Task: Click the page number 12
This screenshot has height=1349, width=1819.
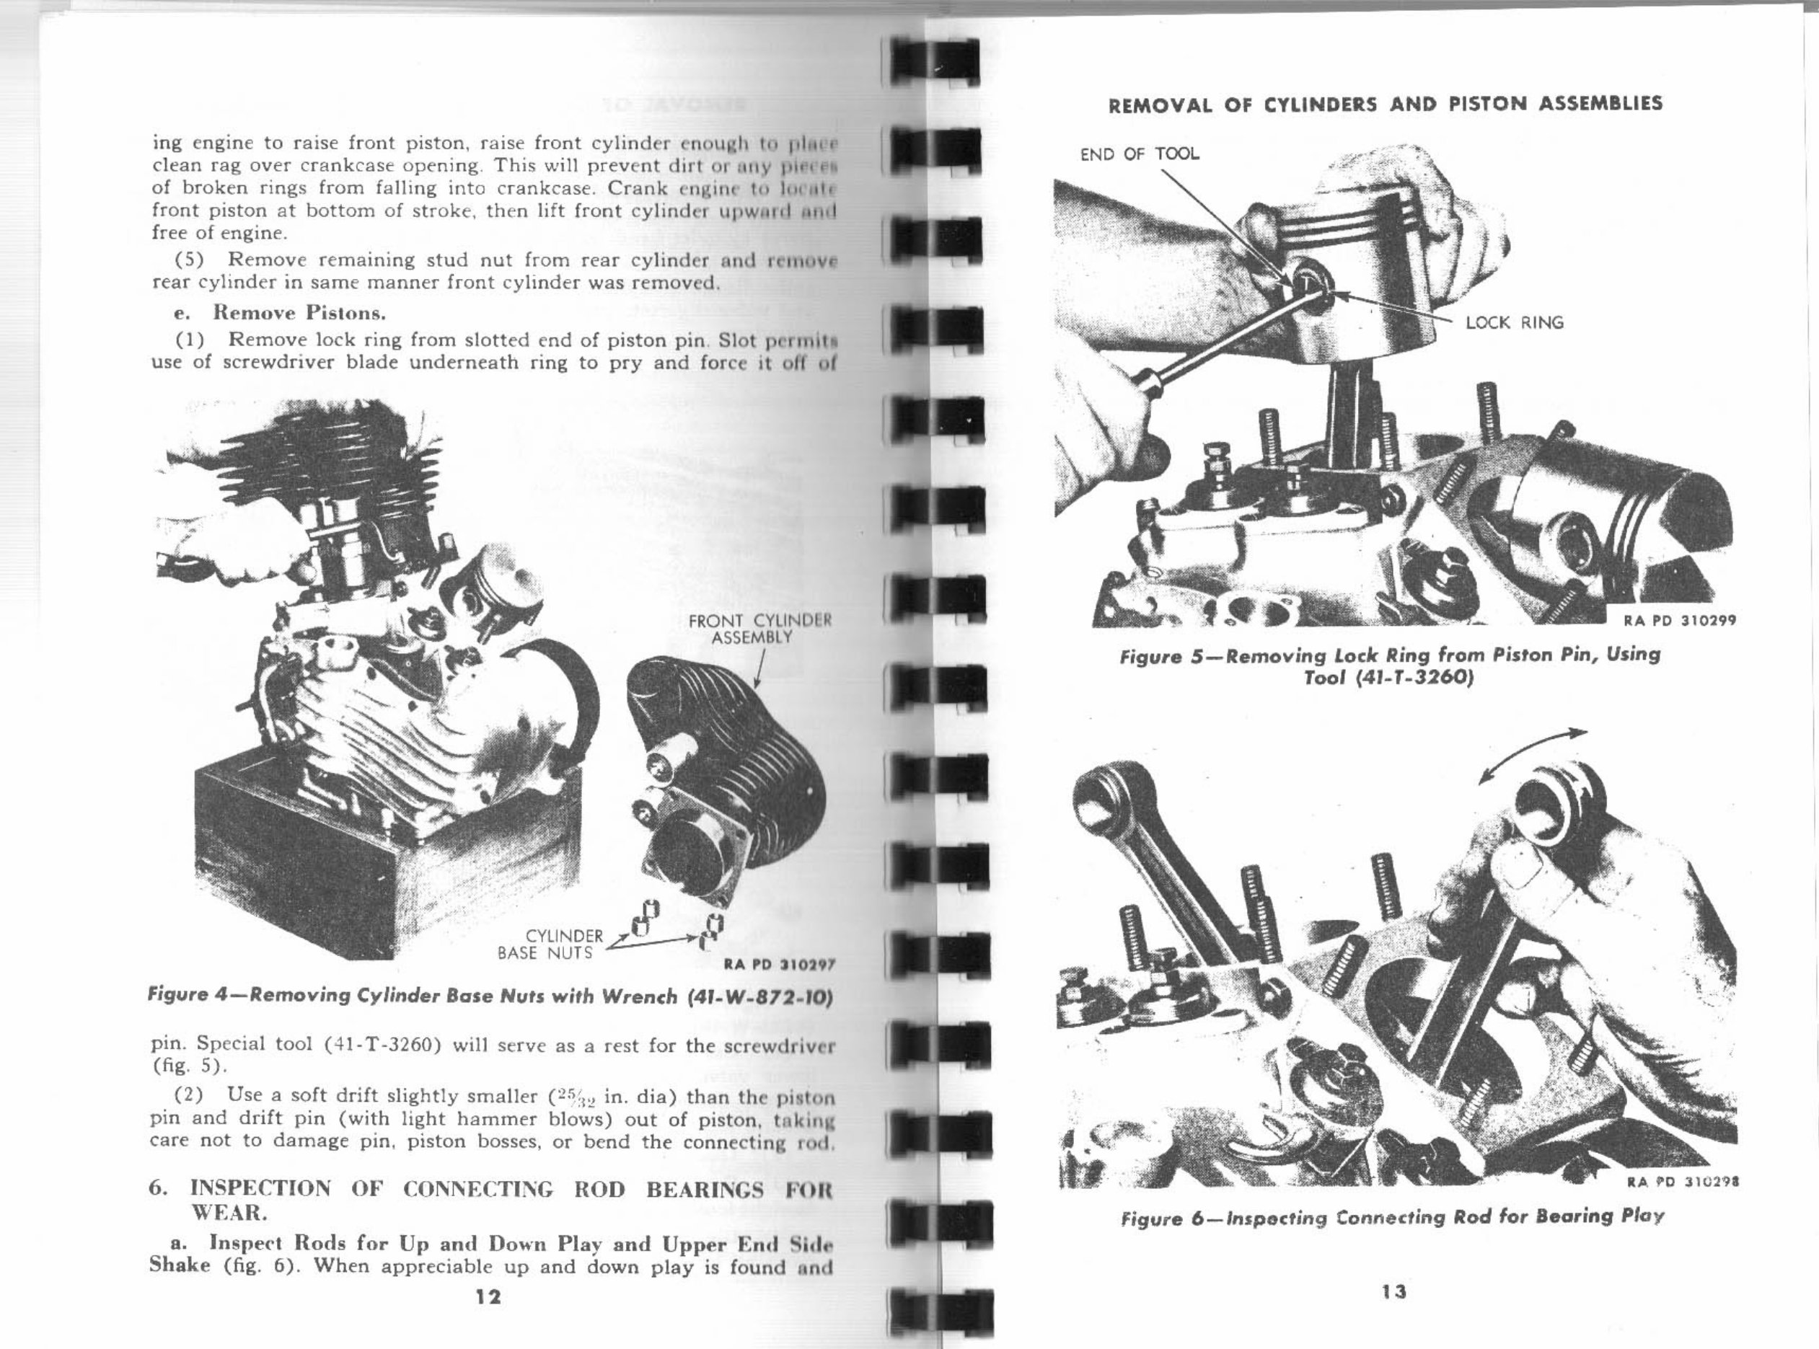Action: point(488,1297)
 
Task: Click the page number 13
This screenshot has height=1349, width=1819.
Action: point(1393,1291)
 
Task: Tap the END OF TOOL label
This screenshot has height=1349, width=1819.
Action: point(1140,154)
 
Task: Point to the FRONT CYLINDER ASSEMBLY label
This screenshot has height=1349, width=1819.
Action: point(759,629)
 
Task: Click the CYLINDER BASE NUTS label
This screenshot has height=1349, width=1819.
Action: point(550,944)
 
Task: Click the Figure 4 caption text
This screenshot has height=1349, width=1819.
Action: point(490,996)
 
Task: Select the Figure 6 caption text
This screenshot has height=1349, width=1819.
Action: point(1392,1218)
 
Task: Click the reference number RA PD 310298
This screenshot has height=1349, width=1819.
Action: point(1682,1181)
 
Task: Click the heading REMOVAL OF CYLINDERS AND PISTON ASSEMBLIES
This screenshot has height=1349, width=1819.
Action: point(1385,104)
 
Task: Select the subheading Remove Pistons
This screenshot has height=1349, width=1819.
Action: point(299,313)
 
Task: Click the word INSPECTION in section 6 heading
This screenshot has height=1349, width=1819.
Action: point(260,1189)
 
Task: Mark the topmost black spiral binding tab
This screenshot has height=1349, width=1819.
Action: point(933,61)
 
